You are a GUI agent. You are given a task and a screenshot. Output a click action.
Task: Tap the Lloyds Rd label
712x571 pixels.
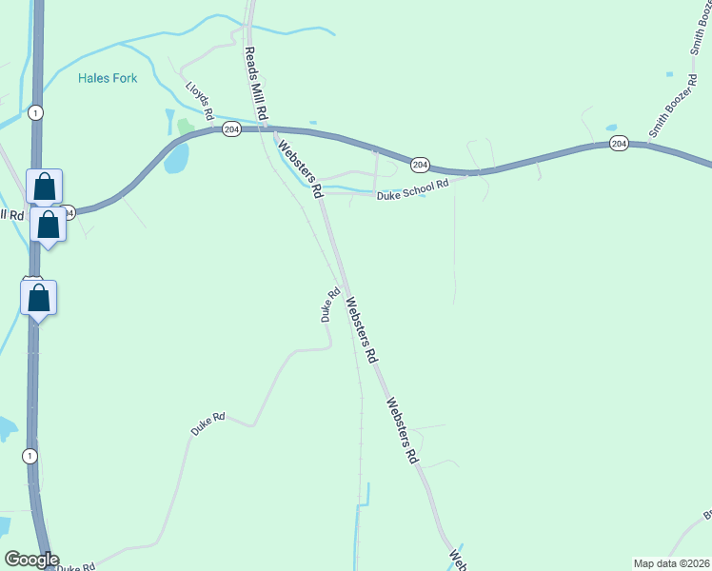click(199, 100)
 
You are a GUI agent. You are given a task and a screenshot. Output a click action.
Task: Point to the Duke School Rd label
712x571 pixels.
click(412, 189)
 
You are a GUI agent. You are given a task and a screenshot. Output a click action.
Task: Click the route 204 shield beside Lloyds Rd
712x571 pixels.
click(231, 128)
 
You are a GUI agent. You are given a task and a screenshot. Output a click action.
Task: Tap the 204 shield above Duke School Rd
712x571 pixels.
click(420, 165)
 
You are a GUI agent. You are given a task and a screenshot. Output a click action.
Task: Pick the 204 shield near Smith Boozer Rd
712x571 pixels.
click(619, 144)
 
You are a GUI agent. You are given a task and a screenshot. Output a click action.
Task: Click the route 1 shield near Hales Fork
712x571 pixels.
click(35, 113)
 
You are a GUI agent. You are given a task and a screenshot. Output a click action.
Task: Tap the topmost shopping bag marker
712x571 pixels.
click(44, 187)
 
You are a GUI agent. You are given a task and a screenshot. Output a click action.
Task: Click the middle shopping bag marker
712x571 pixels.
click(49, 226)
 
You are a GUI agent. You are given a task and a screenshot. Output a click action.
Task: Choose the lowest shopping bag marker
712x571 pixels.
click(38, 298)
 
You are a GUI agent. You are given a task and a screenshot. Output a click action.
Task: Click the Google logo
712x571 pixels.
click(30, 560)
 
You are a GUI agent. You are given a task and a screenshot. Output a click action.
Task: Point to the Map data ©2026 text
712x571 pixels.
click(671, 563)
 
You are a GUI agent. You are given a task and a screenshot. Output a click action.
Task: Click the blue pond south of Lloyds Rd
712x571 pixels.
click(176, 158)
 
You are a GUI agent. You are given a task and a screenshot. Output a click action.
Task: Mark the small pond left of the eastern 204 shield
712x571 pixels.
click(610, 127)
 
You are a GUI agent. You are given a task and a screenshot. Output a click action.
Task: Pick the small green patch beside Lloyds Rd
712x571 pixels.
click(184, 127)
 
